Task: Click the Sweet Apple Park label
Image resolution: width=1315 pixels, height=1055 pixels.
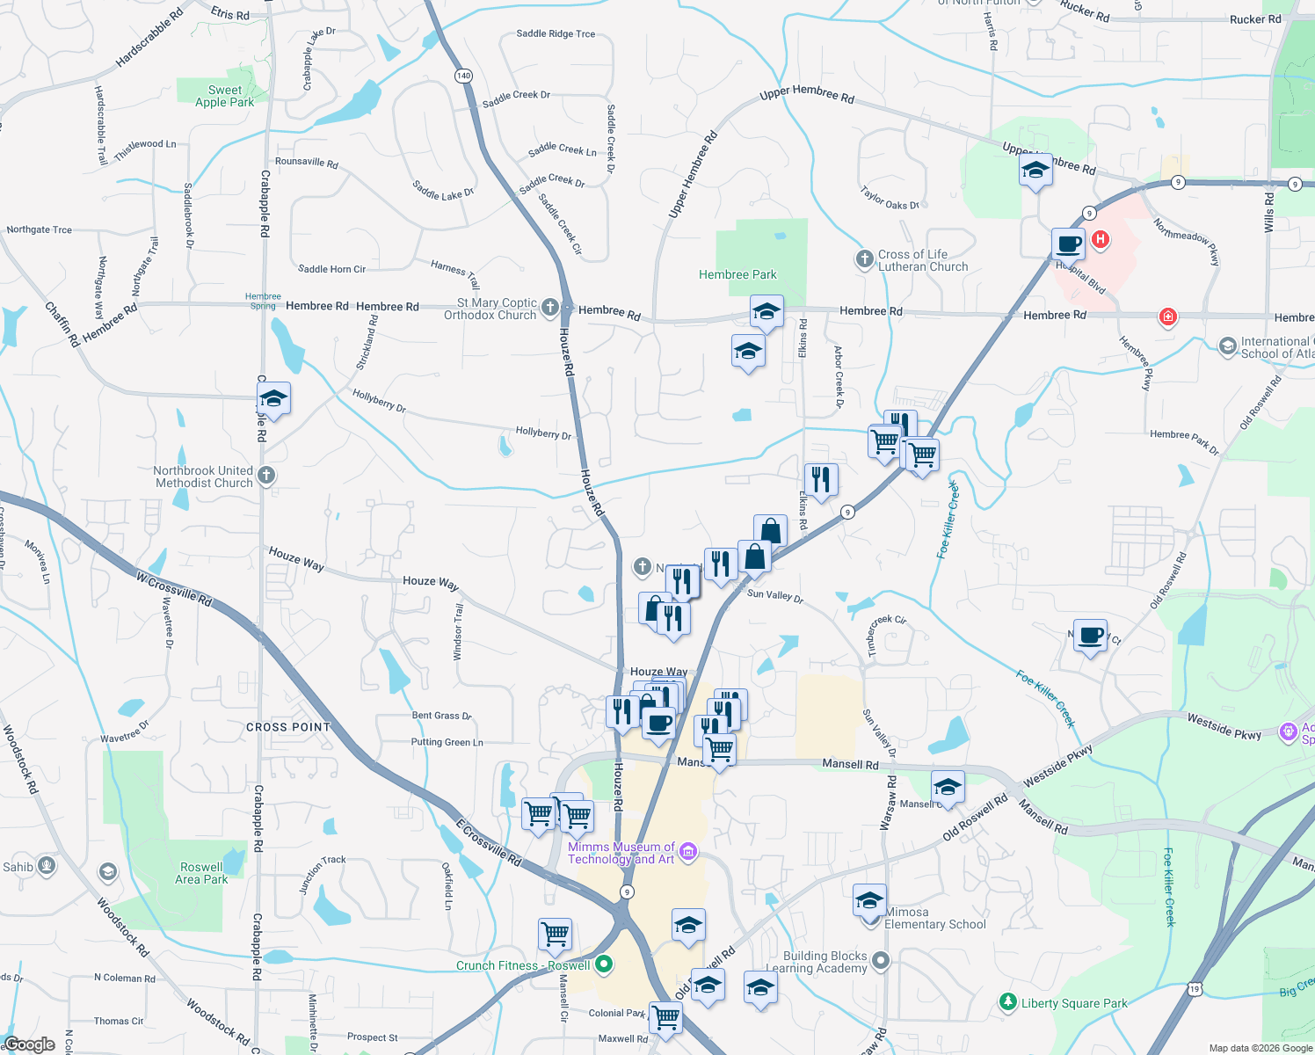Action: [224, 96]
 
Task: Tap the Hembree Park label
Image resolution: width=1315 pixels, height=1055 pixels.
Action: [737, 274]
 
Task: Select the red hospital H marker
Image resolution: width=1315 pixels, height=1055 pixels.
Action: [1100, 239]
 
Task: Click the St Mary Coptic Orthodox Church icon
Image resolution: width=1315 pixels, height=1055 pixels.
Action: [549, 307]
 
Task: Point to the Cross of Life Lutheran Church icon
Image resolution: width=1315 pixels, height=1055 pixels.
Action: [865, 258]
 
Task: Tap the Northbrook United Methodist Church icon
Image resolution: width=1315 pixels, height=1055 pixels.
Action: [266, 476]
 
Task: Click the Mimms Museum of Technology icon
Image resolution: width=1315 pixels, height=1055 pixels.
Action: [688, 850]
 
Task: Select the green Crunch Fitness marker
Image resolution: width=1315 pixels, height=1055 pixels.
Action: [604, 964]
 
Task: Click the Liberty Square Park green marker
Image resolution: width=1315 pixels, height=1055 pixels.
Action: [1008, 1001]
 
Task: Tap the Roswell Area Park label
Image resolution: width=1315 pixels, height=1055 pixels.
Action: [201, 873]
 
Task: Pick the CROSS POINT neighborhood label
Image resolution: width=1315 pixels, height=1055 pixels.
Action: [288, 727]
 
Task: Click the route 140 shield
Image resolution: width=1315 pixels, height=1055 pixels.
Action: [463, 76]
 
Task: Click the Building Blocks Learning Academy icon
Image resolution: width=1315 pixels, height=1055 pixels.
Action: [881, 960]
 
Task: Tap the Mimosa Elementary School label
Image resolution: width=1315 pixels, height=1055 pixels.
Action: [934, 918]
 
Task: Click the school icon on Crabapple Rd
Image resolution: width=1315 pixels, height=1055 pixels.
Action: [273, 398]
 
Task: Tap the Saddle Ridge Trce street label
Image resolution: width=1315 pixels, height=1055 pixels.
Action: [556, 33]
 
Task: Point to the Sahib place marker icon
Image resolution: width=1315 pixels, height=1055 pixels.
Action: [47, 867]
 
